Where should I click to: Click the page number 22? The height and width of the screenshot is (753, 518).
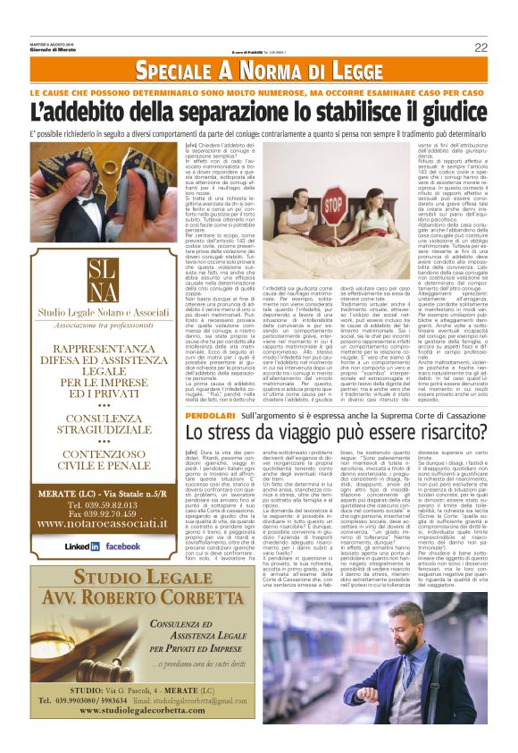point(480,47)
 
